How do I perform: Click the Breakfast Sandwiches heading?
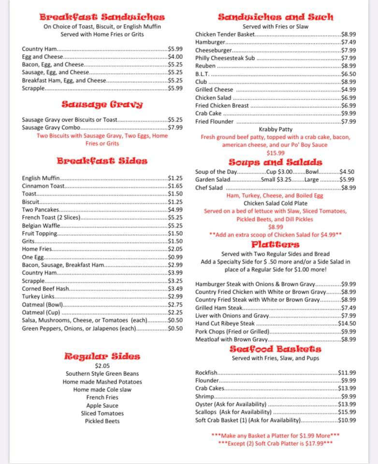(102, 17)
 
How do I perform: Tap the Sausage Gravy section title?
(102, 104)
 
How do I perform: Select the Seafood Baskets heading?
(275, 348)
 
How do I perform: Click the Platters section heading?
(275, 244)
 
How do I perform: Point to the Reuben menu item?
(205, 66)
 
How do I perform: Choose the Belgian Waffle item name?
(41, 226)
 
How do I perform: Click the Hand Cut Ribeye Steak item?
(225, 323)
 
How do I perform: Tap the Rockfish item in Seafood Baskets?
(207, 373)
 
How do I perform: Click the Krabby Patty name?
(276, 130)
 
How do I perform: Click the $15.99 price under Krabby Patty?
(276, 153)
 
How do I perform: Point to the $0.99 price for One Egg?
(175, 257)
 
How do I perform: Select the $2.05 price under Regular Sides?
(102, 366)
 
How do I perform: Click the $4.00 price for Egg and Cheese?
(175, 57)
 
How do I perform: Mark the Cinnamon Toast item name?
(43, 186)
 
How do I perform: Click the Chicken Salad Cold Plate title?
(276, 203)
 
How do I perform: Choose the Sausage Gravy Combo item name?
(51, 128)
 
